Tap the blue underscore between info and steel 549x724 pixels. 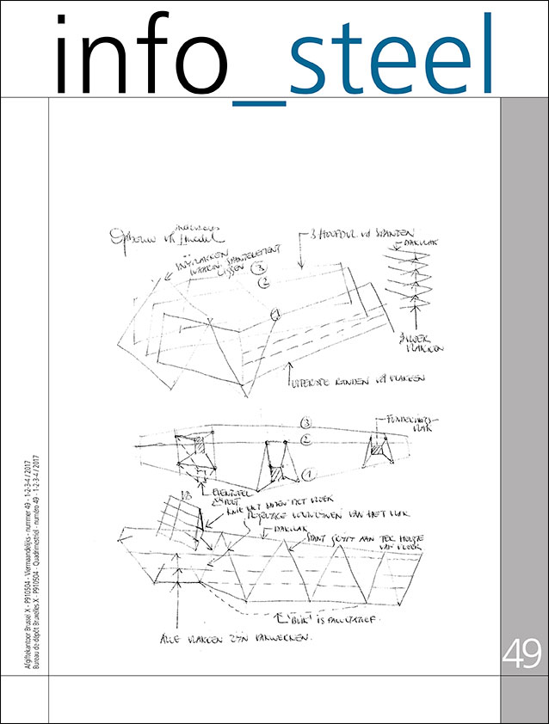259,101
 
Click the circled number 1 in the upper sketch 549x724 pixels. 274,316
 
